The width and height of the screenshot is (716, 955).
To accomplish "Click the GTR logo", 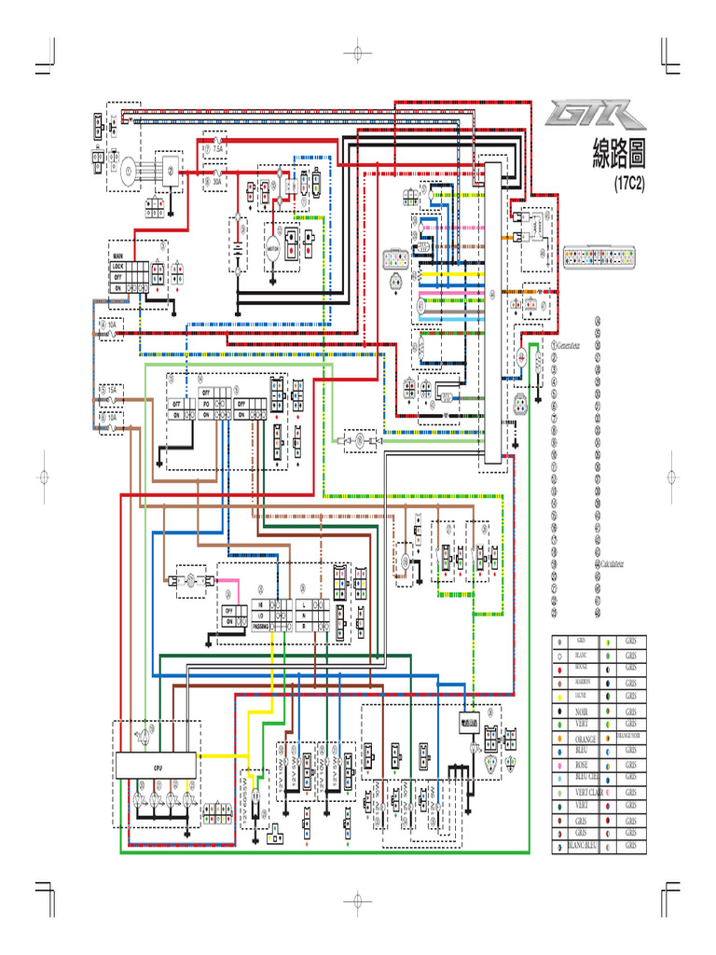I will pyautogui.click(x=597, y=116).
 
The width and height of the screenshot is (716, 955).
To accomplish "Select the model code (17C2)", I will pyautogui.click(x=630, y=184).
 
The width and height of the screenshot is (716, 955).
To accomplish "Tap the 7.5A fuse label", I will pyautogui.click(x=218, y=148).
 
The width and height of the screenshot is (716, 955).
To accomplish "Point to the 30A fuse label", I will pyautogui.click(x=216, y=182).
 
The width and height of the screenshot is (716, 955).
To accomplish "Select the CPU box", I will pyautogui.click(x=156, y=766).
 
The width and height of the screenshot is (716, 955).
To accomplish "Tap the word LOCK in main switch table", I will pyautogui.click(x=118, y=266).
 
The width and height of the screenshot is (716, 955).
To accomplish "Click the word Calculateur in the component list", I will pyautogui.click(x=612, y=564).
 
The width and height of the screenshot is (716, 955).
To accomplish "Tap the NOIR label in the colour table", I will pyautogui.click(x=578, y=712).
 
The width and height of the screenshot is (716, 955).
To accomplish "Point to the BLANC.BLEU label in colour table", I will pyautogui.click(x=582, y=845).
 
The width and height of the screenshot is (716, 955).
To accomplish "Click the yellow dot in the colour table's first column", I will pyautogui.click(x=559, y=696).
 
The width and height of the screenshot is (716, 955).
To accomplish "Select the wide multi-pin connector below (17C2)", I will pyautogui.click(x=603, y=256).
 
